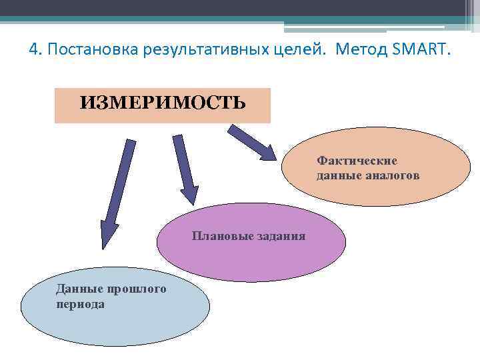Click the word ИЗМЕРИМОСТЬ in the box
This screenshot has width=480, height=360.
163,103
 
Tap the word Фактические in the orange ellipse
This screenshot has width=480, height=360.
357,161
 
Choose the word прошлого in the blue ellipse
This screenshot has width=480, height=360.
136,289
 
